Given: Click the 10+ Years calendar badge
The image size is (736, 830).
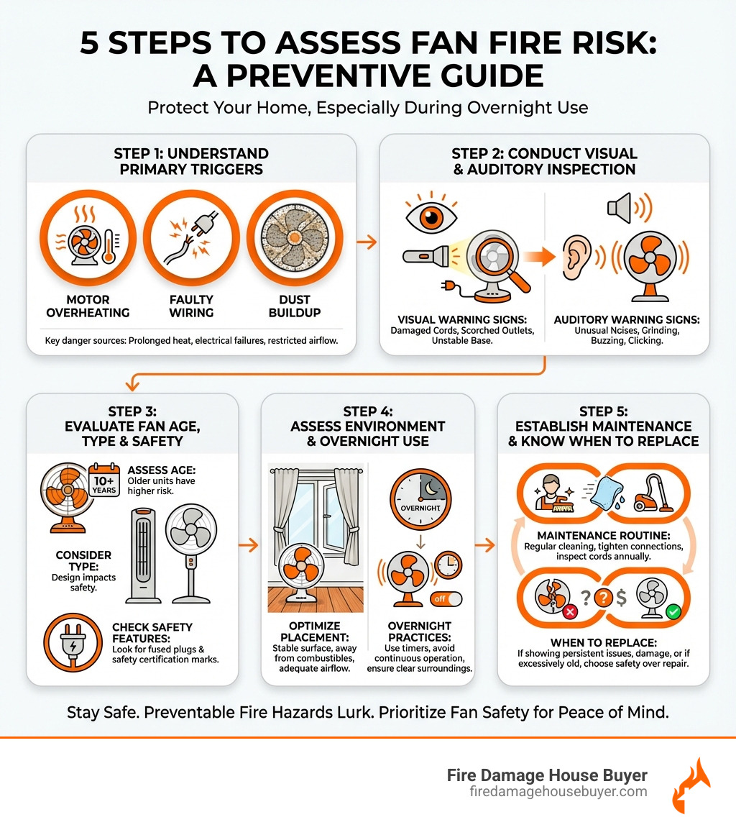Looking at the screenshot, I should (106, 482).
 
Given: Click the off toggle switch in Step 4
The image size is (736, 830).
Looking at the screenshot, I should (446, 598).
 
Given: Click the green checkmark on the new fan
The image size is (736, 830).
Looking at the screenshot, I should (673, 611).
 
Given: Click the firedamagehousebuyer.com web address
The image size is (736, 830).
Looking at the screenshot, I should (557, 791).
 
